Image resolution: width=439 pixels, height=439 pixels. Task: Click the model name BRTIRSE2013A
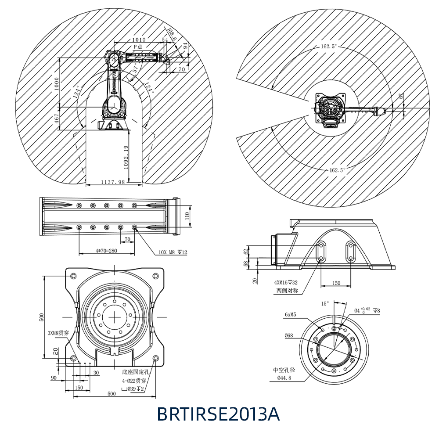coord(218,414)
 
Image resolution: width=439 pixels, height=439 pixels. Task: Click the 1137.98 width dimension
coord(113,182)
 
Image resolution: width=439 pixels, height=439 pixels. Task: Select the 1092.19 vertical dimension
coord(126,158)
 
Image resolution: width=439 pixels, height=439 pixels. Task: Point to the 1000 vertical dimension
coord(56,83)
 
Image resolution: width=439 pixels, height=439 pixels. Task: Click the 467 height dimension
coord(56,119)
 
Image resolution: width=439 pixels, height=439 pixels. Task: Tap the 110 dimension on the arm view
coord(187,215)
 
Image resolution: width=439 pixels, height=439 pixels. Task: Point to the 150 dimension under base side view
coord(336,283)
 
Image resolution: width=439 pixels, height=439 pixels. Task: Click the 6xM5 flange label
coord(291,315)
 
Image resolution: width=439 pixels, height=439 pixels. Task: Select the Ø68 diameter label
coord(289,336)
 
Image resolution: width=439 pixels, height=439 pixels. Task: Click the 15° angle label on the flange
coord(325,303)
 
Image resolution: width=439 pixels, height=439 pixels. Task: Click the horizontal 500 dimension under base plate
coord(112,394)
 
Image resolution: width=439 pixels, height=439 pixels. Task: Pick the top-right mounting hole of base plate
coord(155,276)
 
